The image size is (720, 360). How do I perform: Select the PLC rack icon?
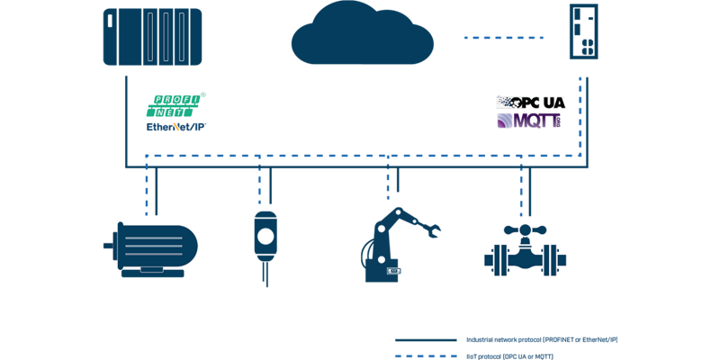pos(152,37)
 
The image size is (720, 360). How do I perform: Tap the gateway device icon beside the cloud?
pos(583,32)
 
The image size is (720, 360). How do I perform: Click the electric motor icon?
pos(153,247)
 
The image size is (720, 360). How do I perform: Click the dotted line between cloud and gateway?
pos(504,38)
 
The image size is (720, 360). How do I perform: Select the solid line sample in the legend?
pos(425,340)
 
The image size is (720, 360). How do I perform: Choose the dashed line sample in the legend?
pos(425,357)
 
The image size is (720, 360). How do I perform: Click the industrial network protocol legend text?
pos(540,340)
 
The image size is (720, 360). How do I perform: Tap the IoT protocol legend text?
pos(509,357)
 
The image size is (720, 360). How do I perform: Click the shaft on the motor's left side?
pos(109,242)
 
